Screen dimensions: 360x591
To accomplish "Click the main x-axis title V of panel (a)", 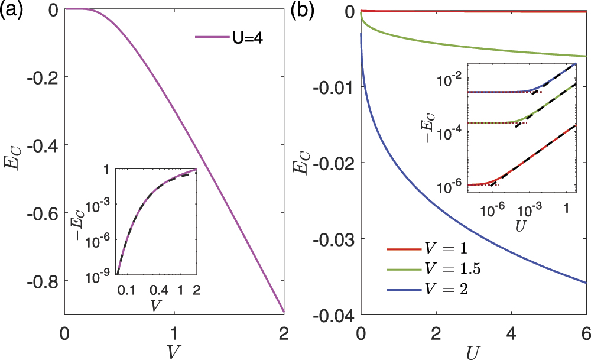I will click(174, 350).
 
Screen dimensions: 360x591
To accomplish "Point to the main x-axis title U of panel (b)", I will click(473, 351).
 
